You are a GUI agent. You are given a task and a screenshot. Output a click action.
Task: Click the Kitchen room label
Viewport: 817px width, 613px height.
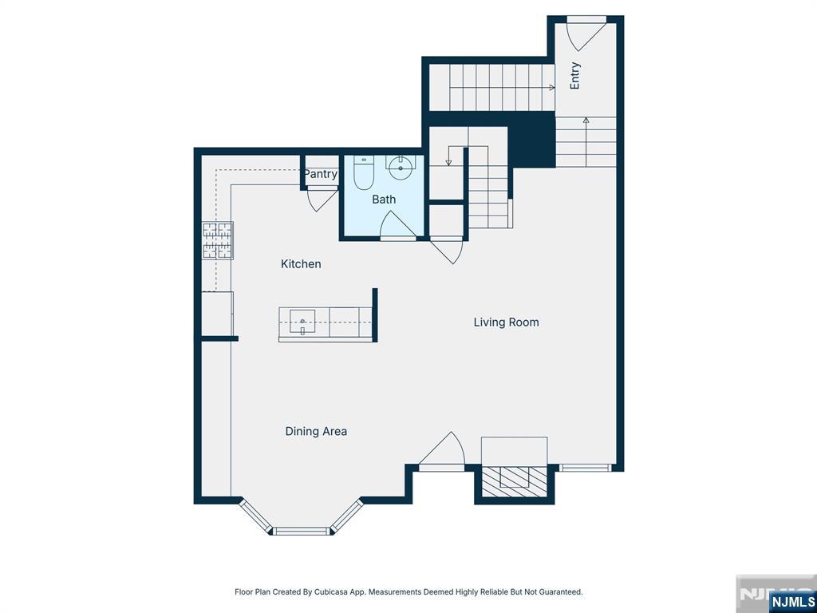pos(301,263)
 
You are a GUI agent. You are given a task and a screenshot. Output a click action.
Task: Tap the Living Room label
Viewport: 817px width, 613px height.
pos(506,322)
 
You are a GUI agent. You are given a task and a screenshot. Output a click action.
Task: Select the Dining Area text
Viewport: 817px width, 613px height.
pos(316,431)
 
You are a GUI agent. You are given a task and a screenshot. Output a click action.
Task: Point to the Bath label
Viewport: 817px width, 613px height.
pos(384,199)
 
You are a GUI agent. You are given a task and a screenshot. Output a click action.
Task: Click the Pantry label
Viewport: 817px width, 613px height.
pos(321,173)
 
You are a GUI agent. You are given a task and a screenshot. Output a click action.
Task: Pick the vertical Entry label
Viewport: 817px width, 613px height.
pos(574,76)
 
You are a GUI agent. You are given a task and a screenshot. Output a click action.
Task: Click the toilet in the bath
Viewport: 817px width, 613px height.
pos(364,172)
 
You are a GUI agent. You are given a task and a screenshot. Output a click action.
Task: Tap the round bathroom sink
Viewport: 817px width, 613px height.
pos(401,168)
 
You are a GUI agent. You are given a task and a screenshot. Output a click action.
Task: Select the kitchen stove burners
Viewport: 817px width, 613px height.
pos(217,240)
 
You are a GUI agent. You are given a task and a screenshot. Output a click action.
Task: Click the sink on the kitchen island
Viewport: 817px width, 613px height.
pos(302,322)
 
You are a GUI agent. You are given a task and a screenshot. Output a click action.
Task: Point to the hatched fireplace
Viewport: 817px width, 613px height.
pos(514,481)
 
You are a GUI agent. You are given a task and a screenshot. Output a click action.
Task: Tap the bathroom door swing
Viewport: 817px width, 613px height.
pos(398,225)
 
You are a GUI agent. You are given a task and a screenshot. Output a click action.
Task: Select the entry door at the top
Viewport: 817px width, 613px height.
pos(586,34)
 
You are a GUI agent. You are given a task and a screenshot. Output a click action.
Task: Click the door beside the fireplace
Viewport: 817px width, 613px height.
pos(442,452)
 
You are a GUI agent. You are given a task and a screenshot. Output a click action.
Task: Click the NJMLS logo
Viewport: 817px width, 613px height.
pos(791,601)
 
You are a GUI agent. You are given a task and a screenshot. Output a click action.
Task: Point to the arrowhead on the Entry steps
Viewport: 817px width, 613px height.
pos(586,120)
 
